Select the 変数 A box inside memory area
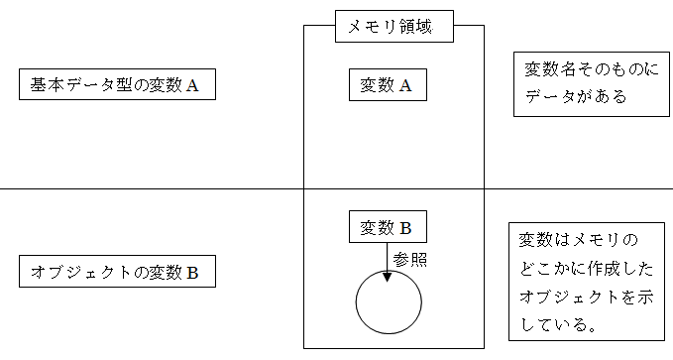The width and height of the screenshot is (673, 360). (x=387, y=85)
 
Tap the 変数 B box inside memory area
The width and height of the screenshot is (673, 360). (x=387, y=227)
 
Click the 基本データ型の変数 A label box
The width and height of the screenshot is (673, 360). (x=117, y=85)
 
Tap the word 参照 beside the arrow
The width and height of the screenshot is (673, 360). (x=411, y=258)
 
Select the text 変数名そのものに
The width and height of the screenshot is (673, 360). (x=583, y=70)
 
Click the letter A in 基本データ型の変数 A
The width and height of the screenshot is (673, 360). (x=193, y=86)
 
